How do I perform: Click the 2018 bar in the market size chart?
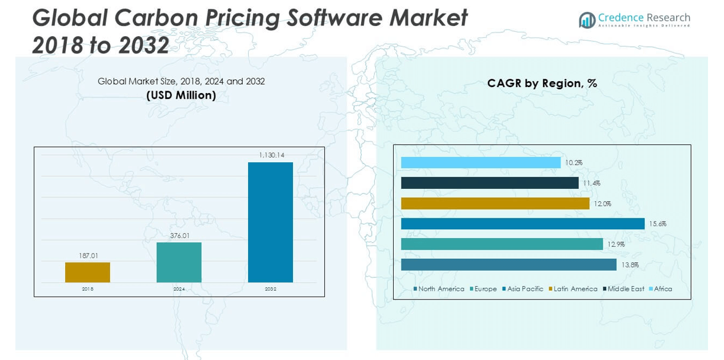point(88,272)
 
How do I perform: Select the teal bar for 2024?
point(179,262)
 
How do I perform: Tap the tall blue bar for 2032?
point(270,222)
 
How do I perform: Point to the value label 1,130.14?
point(272,155)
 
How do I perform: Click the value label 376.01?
point(179,236)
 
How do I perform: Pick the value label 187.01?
point(88,256)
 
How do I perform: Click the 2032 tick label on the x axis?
point(271,289)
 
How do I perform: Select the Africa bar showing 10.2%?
point(480,162)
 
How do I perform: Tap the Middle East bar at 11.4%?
point(490,183)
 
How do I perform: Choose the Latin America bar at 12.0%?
point(495,204)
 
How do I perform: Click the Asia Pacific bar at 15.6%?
point(522,224)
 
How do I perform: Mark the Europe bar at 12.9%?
point(501,244)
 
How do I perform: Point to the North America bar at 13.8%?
point(509,265)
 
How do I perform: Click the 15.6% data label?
point(657,224)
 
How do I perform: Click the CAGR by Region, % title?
point(542,83)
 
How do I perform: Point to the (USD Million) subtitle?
point(181,95)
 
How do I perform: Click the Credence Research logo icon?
point(587,20)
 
